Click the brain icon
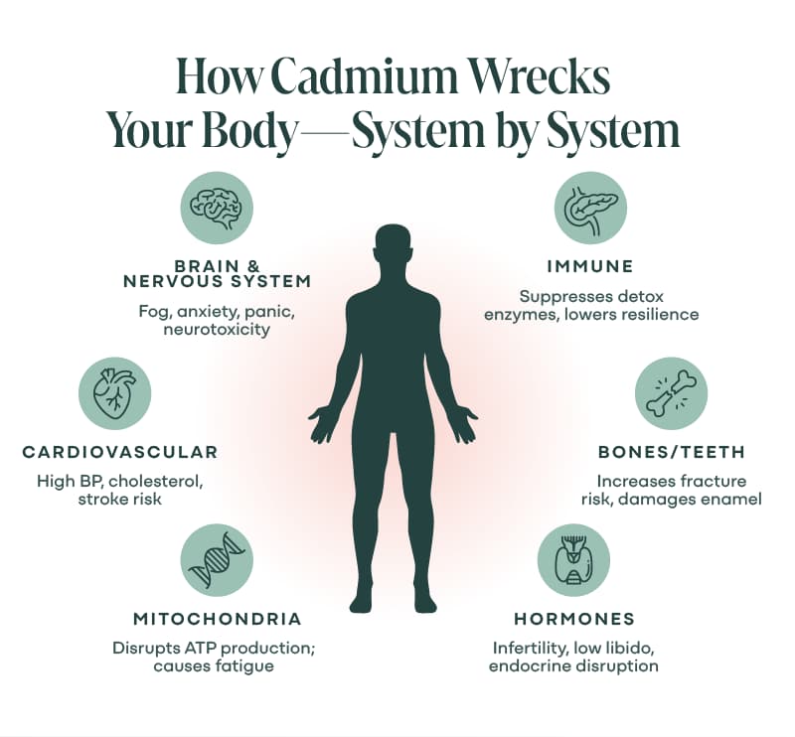click(x=216, y=208)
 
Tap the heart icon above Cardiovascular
click(x=114, y=392)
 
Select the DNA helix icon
click(x=217, y=559)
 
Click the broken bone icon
click(x=672, y=393)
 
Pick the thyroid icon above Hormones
click(x=573, y=559)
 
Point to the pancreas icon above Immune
click(x=591, y=209)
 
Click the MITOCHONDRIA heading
click(x=218, y=619)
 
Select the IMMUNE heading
click(x=590, y=266)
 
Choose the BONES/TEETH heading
click(x=672, y=452)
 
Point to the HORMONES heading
click(x=574, y=619)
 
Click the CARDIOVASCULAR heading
click(x=120, y=452)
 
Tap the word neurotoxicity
click(x=217, y=330)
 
